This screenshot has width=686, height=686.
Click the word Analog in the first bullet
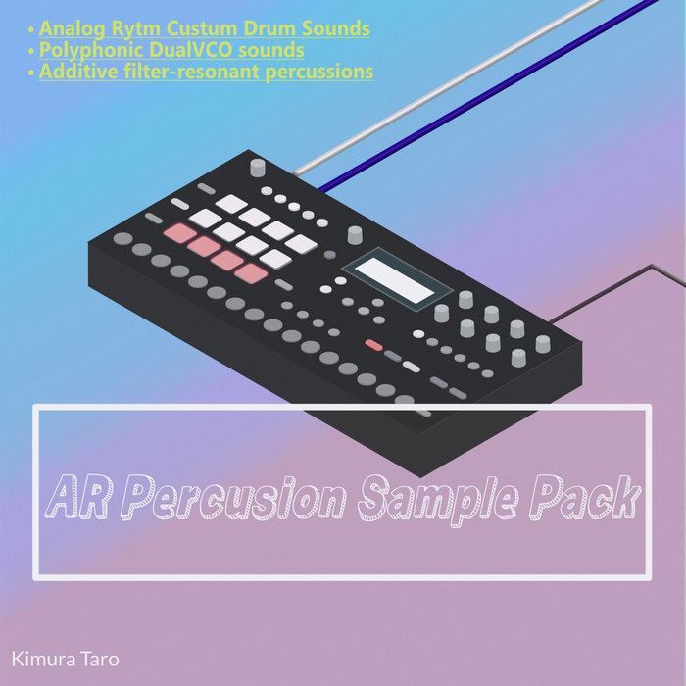[71, 28]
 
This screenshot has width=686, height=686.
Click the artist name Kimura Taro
[66, 658]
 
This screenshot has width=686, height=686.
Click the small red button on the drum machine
[372, 345]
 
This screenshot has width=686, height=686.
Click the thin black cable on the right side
[627, 279]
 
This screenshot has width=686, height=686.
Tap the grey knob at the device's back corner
[258, 167]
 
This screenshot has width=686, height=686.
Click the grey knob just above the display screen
[355, 234]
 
